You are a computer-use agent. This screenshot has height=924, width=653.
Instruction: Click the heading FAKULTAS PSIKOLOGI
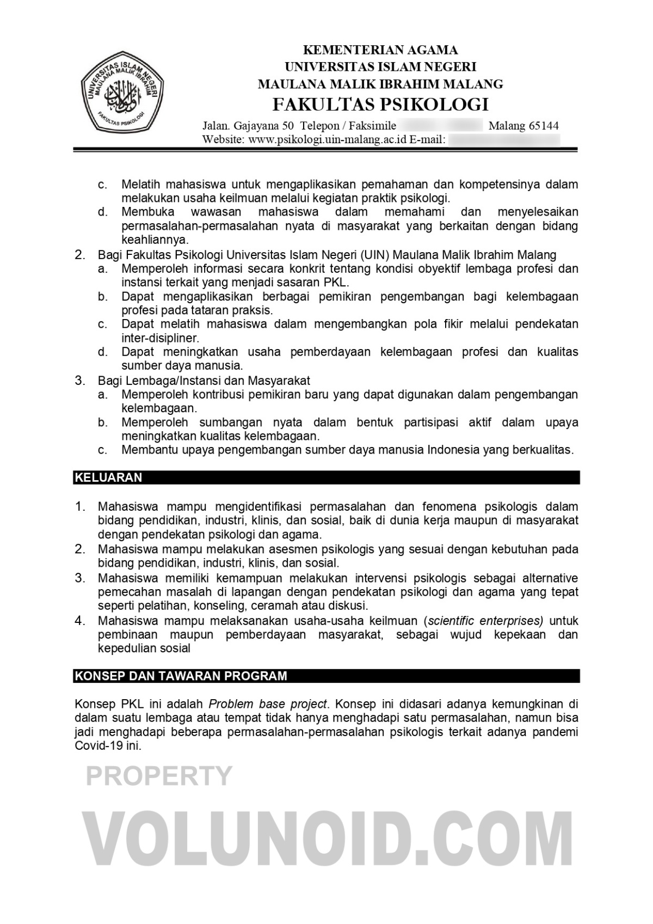380,103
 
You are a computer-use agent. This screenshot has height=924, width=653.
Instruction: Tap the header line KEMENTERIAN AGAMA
380,51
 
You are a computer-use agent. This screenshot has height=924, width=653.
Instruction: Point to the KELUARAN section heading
108,478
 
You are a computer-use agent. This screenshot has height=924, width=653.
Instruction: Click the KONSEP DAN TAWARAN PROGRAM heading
181,676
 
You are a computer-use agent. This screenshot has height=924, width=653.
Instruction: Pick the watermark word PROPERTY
159,775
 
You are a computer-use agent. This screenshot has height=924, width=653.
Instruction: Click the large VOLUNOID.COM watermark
326,841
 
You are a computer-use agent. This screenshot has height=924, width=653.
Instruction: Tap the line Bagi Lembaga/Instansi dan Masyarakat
204,380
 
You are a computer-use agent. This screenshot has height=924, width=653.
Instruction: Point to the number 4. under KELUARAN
80,620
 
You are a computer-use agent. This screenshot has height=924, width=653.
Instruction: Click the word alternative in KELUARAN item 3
550,578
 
